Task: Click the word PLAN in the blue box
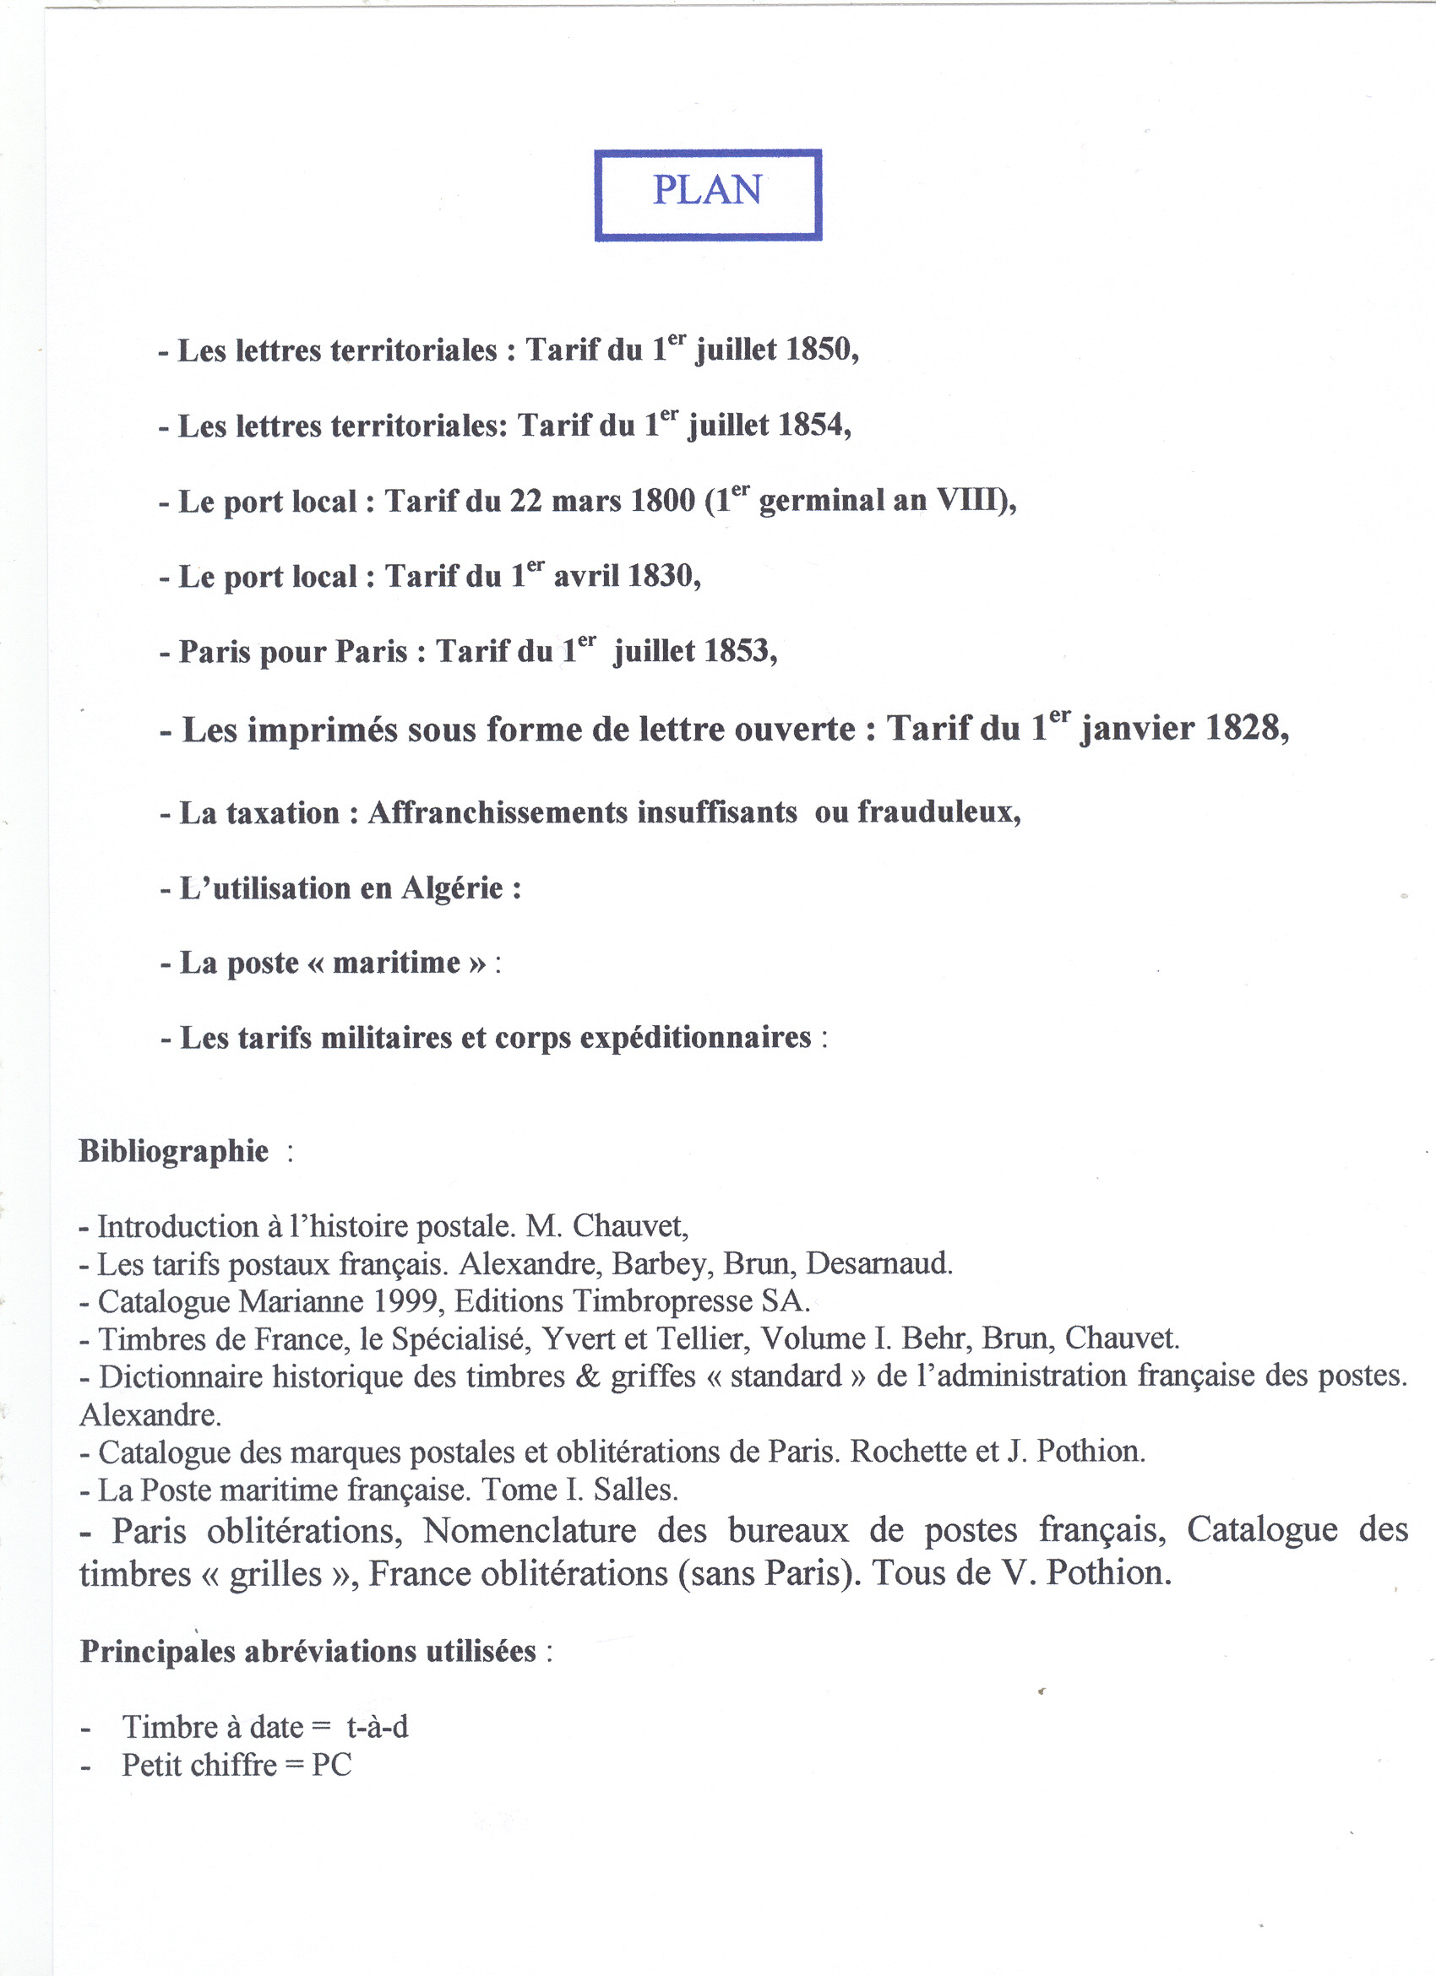click(x=708, y=190)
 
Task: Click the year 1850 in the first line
click(x=819, y=350)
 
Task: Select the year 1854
click(x=811, y=425)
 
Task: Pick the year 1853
click(x=737, y=651)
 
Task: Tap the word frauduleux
click(x=938, y=812)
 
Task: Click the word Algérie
click(x=452, y=888)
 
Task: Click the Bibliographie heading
click(x=174, y=1151)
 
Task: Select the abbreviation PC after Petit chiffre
click(x=332, y=1765)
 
